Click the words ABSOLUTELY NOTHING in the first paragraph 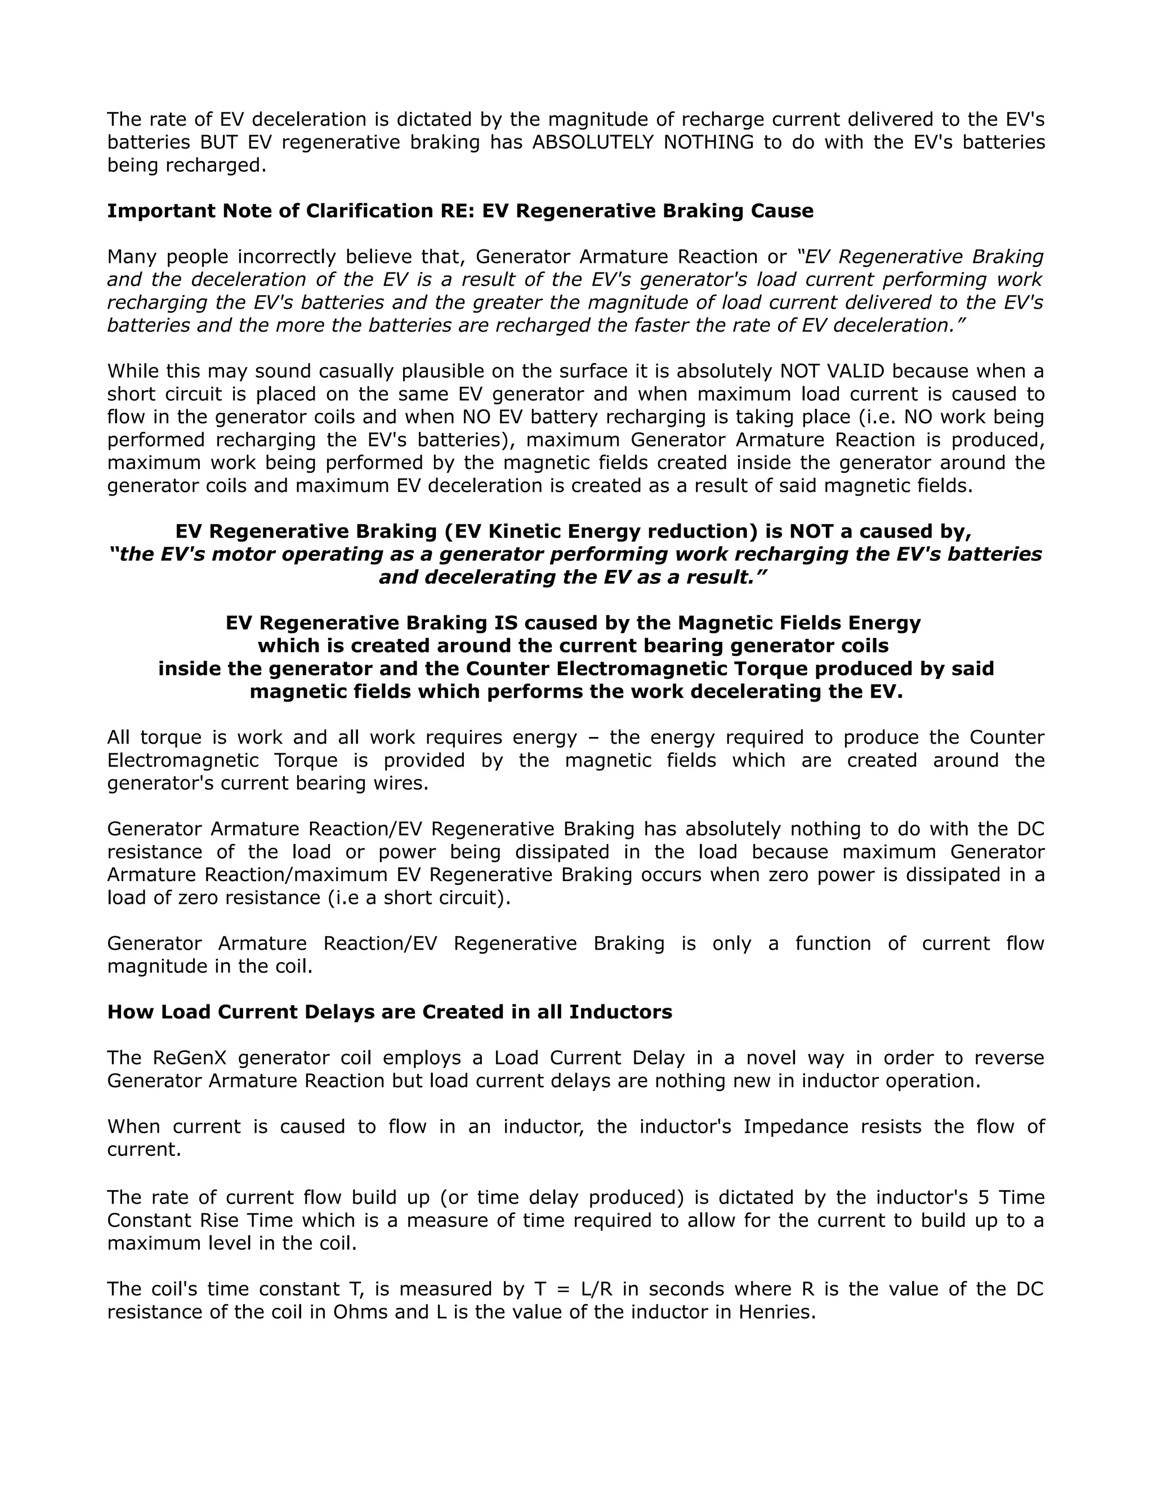pos(643,142)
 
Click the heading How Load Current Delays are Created pos(390,1011)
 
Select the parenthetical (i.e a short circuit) pos(415,897)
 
